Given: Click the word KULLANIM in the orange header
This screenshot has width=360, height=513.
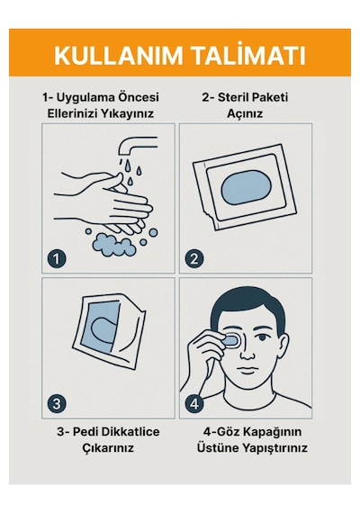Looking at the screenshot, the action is pyautogui.click(x=118, y=56).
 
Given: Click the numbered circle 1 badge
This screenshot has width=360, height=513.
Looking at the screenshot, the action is pyautogui.click(x=57, y=258).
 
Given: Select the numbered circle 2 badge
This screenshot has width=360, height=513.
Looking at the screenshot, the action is pyautogui.click(x=194, y=258).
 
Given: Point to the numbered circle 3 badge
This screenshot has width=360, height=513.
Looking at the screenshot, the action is pyautogui.click(x=57, y=403).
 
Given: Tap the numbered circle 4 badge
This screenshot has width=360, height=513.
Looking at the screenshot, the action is pyautogui.click(x=194, y=403).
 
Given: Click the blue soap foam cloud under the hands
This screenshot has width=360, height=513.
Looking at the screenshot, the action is pyautogui.click(x=113, y=245).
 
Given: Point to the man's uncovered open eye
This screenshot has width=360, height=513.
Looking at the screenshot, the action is pyautogui.click(x=263, y=337).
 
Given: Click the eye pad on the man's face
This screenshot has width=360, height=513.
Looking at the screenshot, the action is pyautogui.click(x=232, y=340).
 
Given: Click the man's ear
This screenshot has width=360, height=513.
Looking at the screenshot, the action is pyautogui.click(x=283, y=346).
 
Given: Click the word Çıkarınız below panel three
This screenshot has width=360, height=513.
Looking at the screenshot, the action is pyautogui.click(x=108, y=447).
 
